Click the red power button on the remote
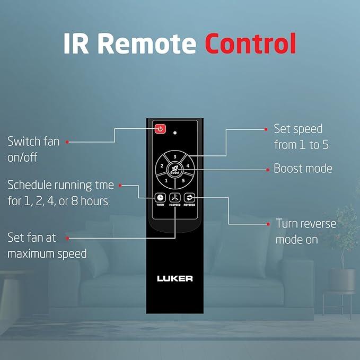(160, 129)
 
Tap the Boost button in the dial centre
(175, 170)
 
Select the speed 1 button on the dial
(166, 180)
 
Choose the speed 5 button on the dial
(183, 180)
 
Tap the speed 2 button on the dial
(161, 165)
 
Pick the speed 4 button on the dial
(188, 165)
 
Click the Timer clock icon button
(160, 198)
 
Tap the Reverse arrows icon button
(189, 198)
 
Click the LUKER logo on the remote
(175, 278)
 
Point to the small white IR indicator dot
(175, 133)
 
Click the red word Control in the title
(250, 43)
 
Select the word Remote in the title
(147, 43)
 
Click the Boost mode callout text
(303, 168)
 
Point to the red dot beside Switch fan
(67, 142)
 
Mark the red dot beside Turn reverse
(268, 224)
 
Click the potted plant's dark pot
(342, 280)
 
